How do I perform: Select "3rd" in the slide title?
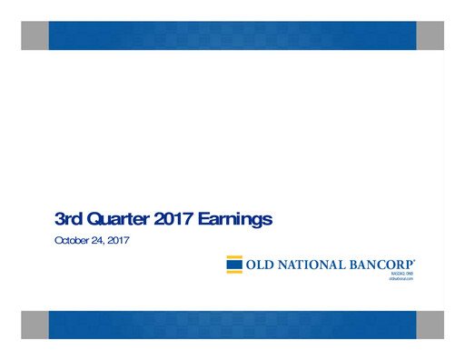click(67, 218)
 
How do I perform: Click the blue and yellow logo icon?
click(234, 265)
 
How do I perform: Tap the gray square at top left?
click(35, 35)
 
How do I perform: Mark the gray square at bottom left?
click(35, 325)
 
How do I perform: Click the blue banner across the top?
click(232, 35)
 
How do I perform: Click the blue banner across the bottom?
click(232, 325)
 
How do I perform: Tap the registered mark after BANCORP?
click(415, 261)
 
